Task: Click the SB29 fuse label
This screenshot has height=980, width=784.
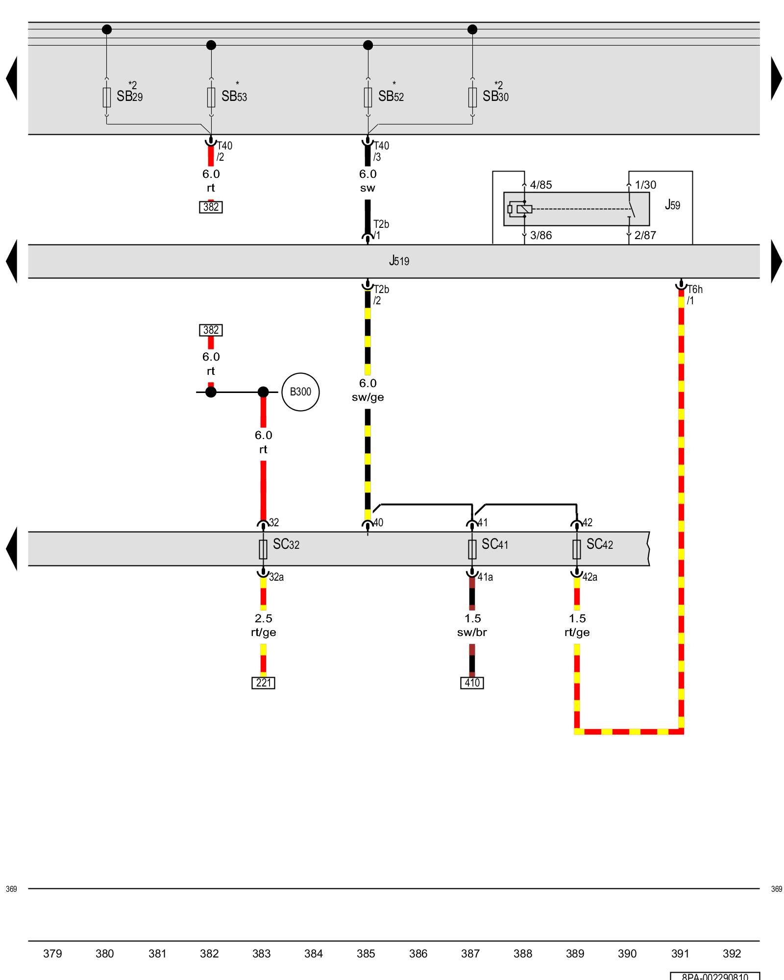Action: tap(129, 96)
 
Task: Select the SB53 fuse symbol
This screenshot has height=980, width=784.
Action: tap(211, 97)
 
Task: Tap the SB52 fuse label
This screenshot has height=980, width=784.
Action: tap(391, 96)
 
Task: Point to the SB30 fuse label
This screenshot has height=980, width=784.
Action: tap(495, 96)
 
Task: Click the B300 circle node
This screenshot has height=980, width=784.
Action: tap(300, 392)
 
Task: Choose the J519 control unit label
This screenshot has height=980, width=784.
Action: tap(399, 261)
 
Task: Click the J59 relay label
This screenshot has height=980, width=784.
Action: tap(672, 205)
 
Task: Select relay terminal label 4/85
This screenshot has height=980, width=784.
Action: tap(540, 185)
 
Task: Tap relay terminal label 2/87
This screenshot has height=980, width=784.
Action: tap(645, 235)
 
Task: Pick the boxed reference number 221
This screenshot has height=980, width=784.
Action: tap(263, 683)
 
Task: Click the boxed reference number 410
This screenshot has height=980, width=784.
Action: tap(472, 683)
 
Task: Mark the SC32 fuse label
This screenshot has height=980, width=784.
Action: tap(286, 544)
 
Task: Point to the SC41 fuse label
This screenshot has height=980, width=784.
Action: tap(494, 544)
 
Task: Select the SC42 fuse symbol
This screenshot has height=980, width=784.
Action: tap(577, 549)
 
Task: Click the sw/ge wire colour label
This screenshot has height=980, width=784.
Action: tap(367, 397)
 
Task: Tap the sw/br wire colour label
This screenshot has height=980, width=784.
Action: tap(472, 632)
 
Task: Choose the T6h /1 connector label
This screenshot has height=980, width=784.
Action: tap(694, 295)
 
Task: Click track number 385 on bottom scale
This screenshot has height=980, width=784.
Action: tap(366, 954)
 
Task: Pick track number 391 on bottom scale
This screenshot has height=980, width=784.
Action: tap(680, 954)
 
